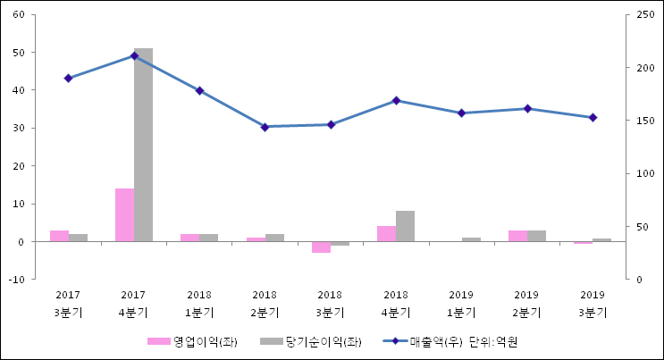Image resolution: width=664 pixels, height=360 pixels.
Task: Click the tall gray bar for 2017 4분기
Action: tap(143, 145)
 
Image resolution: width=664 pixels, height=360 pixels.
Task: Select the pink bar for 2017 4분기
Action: tap(124, 214)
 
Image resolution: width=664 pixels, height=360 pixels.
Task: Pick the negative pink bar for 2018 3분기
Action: tap(321, 247)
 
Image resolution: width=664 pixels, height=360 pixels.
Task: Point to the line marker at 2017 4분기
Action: tap(134, 55)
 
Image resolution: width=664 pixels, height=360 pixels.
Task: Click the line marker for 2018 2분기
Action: tap(265, 127)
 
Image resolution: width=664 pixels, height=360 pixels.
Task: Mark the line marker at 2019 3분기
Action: tap(593, 117)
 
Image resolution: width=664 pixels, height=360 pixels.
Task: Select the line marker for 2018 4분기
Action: tap(396, 100)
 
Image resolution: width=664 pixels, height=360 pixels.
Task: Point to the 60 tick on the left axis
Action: tap(18, 14)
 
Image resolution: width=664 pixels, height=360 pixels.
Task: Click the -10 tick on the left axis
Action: tap(16, 280)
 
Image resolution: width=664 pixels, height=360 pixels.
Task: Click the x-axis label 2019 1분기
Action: tap(461, 304)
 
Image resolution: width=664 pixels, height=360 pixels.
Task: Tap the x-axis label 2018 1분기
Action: tap(199, 304)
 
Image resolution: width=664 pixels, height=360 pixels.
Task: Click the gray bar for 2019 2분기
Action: tap(536, 236)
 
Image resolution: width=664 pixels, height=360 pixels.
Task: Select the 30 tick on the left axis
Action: tap(18, 128)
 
